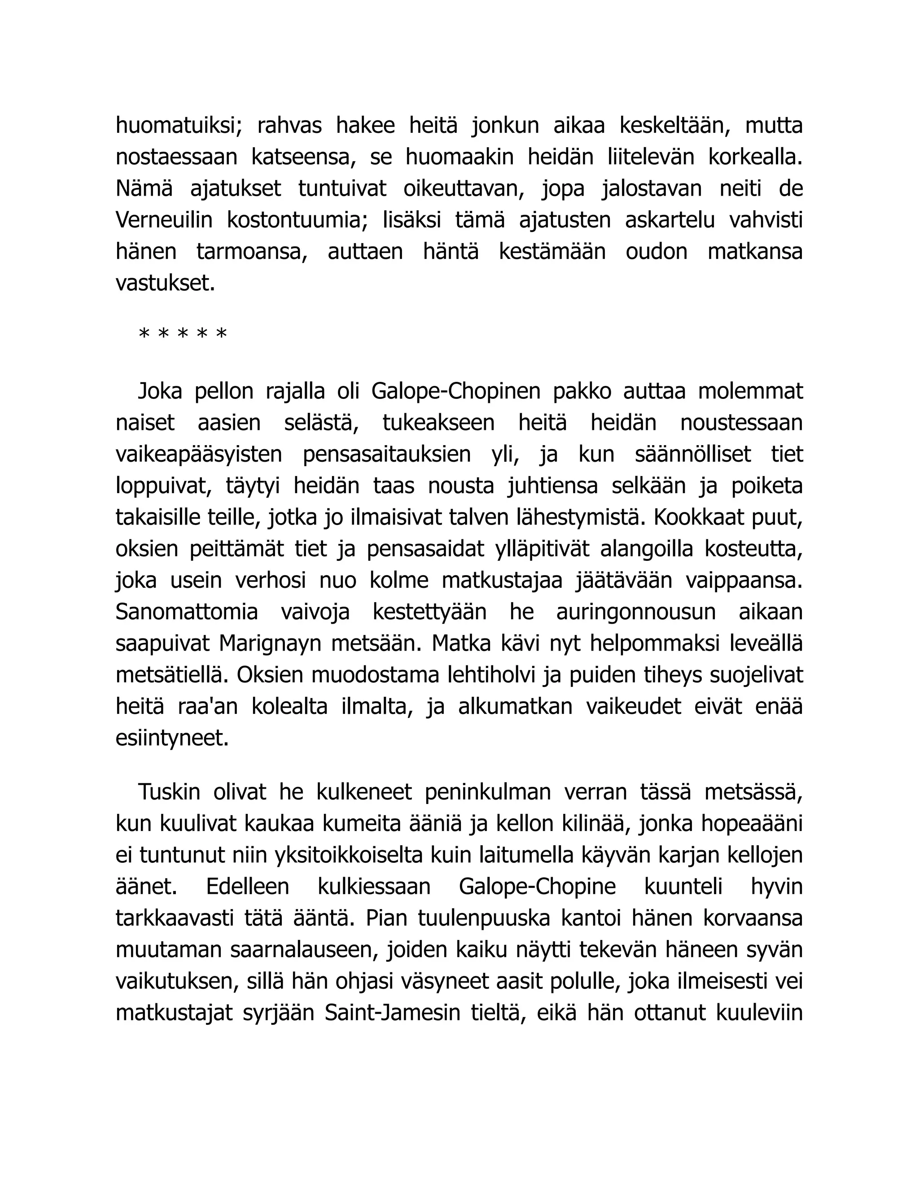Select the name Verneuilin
pyautogui.click(x=164, y=220)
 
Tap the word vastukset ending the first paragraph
pyautogui.click(x=166, y=283)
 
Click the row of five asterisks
pyautogui.click(x=183, y=334)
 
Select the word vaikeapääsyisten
pyautogui.click(x=199, y=454)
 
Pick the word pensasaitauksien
pyautogui.click(x=386, y=454)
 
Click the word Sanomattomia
pyautogui.click(x=187, y=612)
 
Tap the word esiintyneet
pyautogui.click(x=172, y=738)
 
